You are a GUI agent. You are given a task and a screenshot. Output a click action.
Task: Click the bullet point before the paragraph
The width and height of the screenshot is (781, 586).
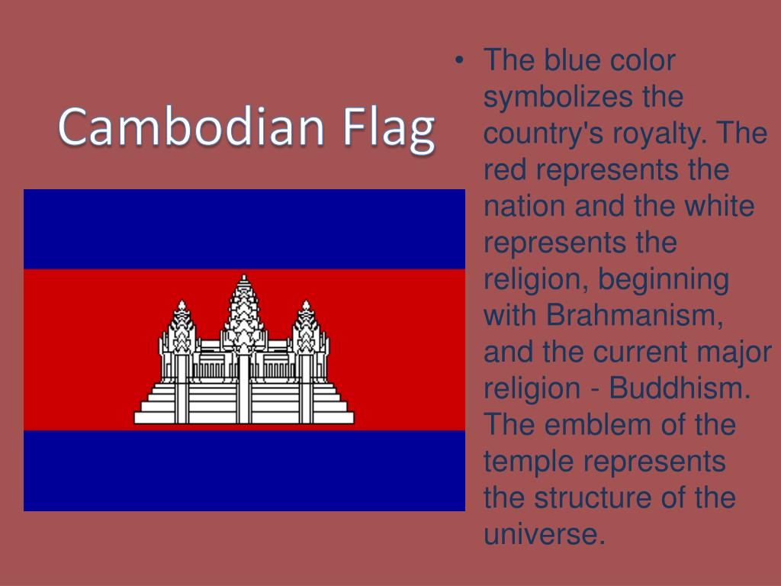pyautogui.click(x=459, y=60)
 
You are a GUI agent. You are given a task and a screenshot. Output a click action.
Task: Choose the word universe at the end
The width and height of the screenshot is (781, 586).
pyautogui.click(x=545, y=534)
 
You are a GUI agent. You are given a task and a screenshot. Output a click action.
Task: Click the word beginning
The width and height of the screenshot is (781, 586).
pyautogui.click(x=663, y=279)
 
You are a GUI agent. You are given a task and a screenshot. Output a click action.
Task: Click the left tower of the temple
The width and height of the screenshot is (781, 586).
pyautogui.click(x=181, y=328)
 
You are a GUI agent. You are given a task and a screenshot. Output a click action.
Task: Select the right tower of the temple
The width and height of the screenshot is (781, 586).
pyautogui.click(x=307, y=328)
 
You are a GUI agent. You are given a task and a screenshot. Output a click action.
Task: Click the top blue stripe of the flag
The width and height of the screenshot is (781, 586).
pyautogui.click(x=244, y=229)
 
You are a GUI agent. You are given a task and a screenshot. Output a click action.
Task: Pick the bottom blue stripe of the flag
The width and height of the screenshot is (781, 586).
pyautogui.click(x=244, y=470)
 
